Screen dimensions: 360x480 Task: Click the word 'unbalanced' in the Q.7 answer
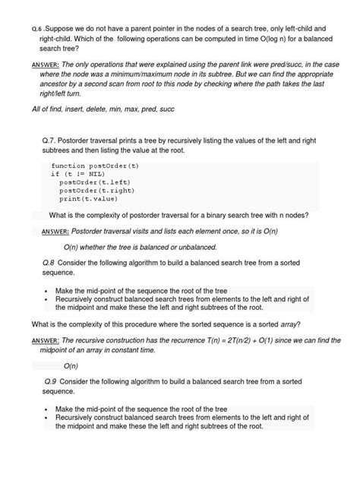click(194, 247)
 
